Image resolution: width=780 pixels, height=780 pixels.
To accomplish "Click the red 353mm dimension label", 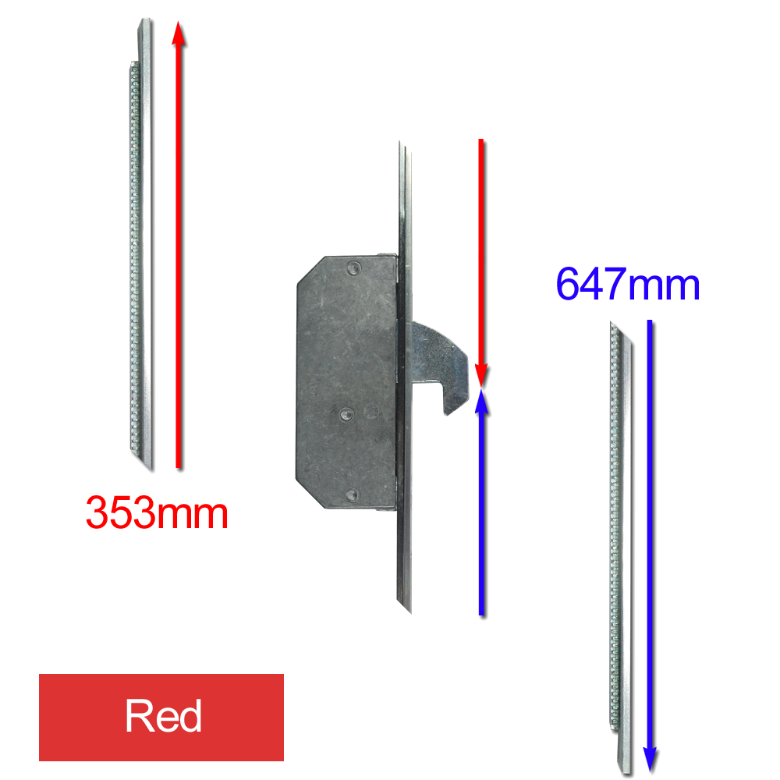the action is pos(157,512).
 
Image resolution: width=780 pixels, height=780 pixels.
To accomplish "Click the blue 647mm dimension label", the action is pos(628,284).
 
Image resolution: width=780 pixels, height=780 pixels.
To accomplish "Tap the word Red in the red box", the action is pos(163,716).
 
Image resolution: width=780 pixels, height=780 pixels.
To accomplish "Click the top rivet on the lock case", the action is pos(353,268).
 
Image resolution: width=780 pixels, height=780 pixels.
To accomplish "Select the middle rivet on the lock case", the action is pos(346,414).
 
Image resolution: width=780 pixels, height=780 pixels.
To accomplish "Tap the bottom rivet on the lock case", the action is pos(353,495).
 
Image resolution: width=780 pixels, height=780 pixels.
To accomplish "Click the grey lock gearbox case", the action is pos(347,382).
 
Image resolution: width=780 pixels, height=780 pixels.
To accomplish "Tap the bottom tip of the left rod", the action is pos(151,470).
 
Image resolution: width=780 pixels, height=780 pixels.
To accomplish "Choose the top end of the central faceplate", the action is pos(400,141).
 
